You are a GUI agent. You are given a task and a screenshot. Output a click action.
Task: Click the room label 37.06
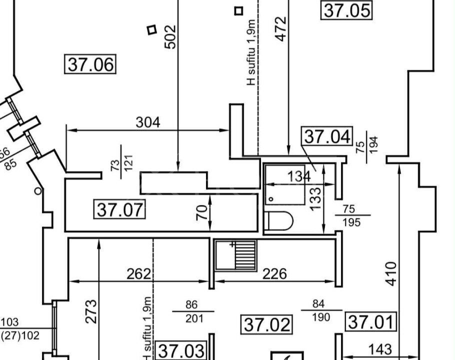(90, 64)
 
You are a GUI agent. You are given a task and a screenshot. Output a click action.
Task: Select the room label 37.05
(346, 10)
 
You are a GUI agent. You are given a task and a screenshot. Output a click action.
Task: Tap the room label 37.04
(327, 136)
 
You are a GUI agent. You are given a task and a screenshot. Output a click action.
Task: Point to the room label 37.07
(119, 209)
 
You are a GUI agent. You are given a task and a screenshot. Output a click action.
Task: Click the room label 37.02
(266, 324)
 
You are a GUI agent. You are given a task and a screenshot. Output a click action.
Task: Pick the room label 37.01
(371, 321)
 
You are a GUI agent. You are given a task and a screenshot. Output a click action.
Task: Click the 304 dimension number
(148, 122)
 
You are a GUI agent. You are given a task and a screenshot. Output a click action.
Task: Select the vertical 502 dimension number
(170, 37)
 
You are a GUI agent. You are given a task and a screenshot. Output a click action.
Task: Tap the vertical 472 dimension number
(280, 29)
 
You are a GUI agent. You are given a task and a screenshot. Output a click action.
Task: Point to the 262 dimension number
(138, 273)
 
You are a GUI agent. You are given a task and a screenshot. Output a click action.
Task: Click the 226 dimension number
(274, 273)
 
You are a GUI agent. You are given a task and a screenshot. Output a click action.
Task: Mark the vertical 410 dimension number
(391, 273)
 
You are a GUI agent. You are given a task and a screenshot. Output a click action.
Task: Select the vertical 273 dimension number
(91, 311)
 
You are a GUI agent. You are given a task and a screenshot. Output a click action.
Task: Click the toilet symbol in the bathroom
(279, 221)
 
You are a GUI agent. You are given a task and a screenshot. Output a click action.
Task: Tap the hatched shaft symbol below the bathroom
(235, 255)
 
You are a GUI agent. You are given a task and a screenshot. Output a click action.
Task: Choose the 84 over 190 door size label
(321, 310)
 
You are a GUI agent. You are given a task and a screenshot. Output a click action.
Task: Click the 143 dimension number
(380, 349)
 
